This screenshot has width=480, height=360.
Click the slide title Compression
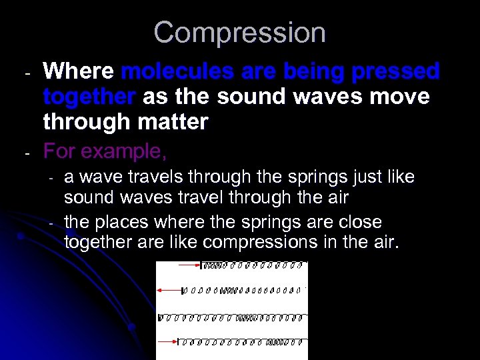[x=239, y=33]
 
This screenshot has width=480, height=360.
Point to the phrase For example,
[x=105, y=152]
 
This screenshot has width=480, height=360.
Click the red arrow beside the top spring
[x=188, y=265]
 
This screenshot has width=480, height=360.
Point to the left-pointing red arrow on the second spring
[x=169, y=290]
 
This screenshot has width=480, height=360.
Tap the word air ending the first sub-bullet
[x=337, y=197]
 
